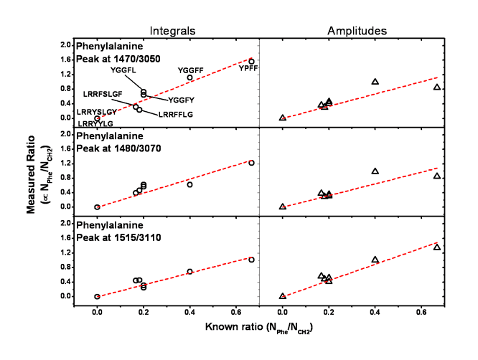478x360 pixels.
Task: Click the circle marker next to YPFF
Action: click(x=251, y=62)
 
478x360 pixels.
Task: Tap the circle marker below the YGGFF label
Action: click(x=189, y=77)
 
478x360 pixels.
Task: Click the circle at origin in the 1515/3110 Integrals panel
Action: click(x=97, y=296)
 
